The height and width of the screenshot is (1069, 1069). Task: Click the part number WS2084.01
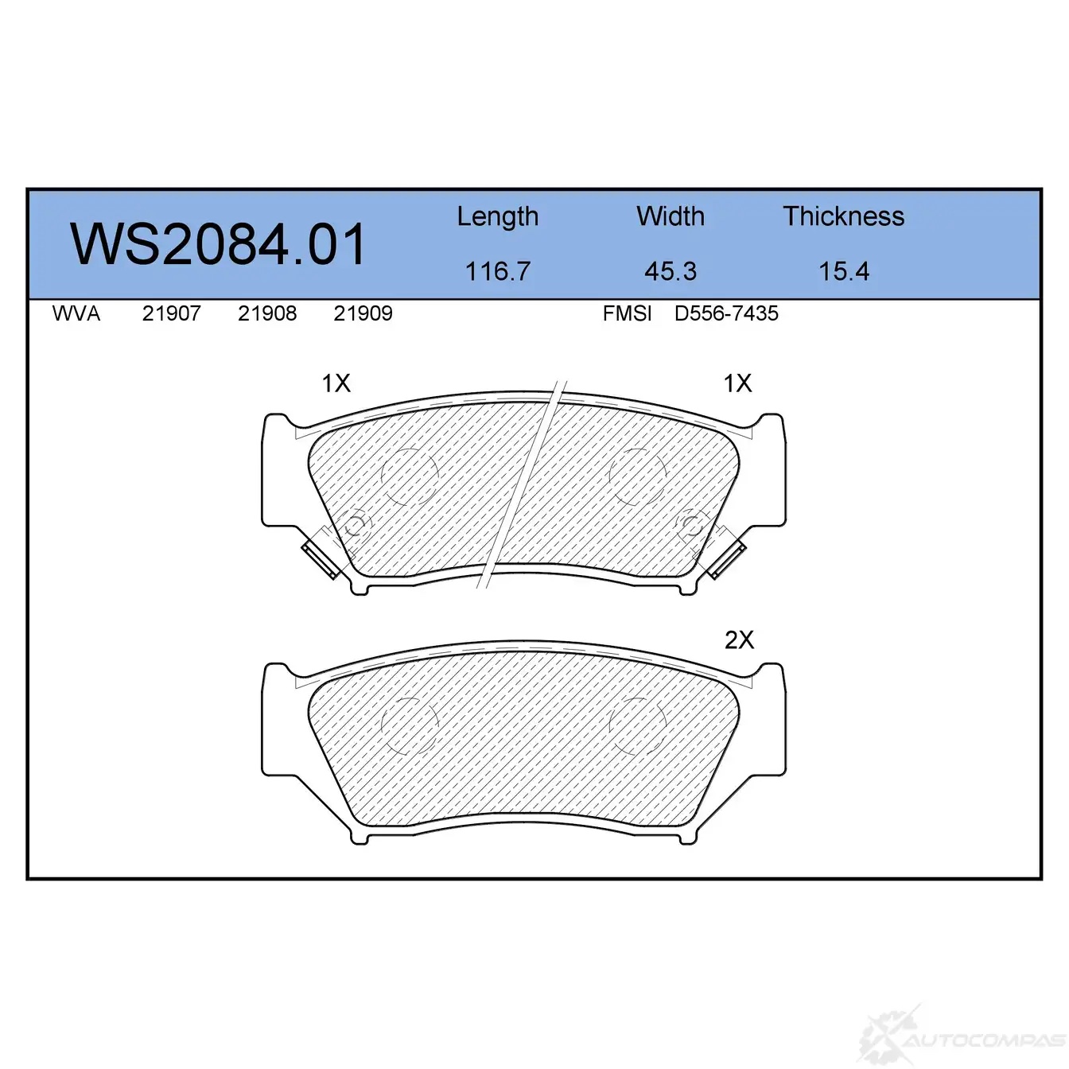(217, 245)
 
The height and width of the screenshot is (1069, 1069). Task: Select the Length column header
(498, 217)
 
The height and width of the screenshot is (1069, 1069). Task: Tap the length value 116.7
(498, 271)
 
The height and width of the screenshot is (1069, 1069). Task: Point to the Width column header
(671, 216)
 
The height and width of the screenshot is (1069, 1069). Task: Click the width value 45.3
(671, 271)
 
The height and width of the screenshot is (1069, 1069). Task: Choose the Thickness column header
(843, 216)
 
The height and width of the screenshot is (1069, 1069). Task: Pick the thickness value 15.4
(844, 271)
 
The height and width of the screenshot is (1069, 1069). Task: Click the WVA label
(76, 313)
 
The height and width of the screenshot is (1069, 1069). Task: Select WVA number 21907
(172, 313)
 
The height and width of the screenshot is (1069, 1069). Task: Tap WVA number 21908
(267, 313)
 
